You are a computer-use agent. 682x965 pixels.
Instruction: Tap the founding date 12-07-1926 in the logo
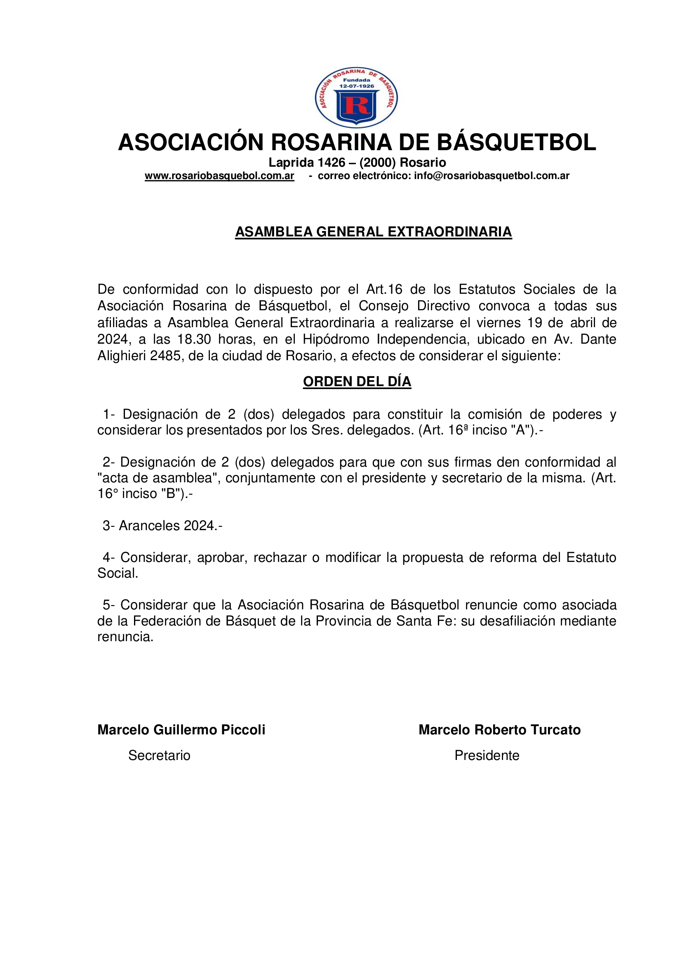pyautogui.click(x=357, y=86)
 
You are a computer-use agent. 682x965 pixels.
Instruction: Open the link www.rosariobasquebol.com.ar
pyautogui.click(x=219, y=176)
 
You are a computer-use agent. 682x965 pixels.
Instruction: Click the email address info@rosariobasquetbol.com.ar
pyautogui.click(x=492, y=176)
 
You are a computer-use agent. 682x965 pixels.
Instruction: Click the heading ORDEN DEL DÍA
pyautogui.click(x=357, y=382)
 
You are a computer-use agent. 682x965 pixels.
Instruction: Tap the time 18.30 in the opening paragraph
pyautogui.click(x=194, y=339)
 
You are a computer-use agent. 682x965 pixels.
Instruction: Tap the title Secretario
pyautogui.click(x=159, y=756)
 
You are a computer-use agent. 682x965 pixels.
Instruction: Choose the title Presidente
pyautogui.click(x=487, y=756)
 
